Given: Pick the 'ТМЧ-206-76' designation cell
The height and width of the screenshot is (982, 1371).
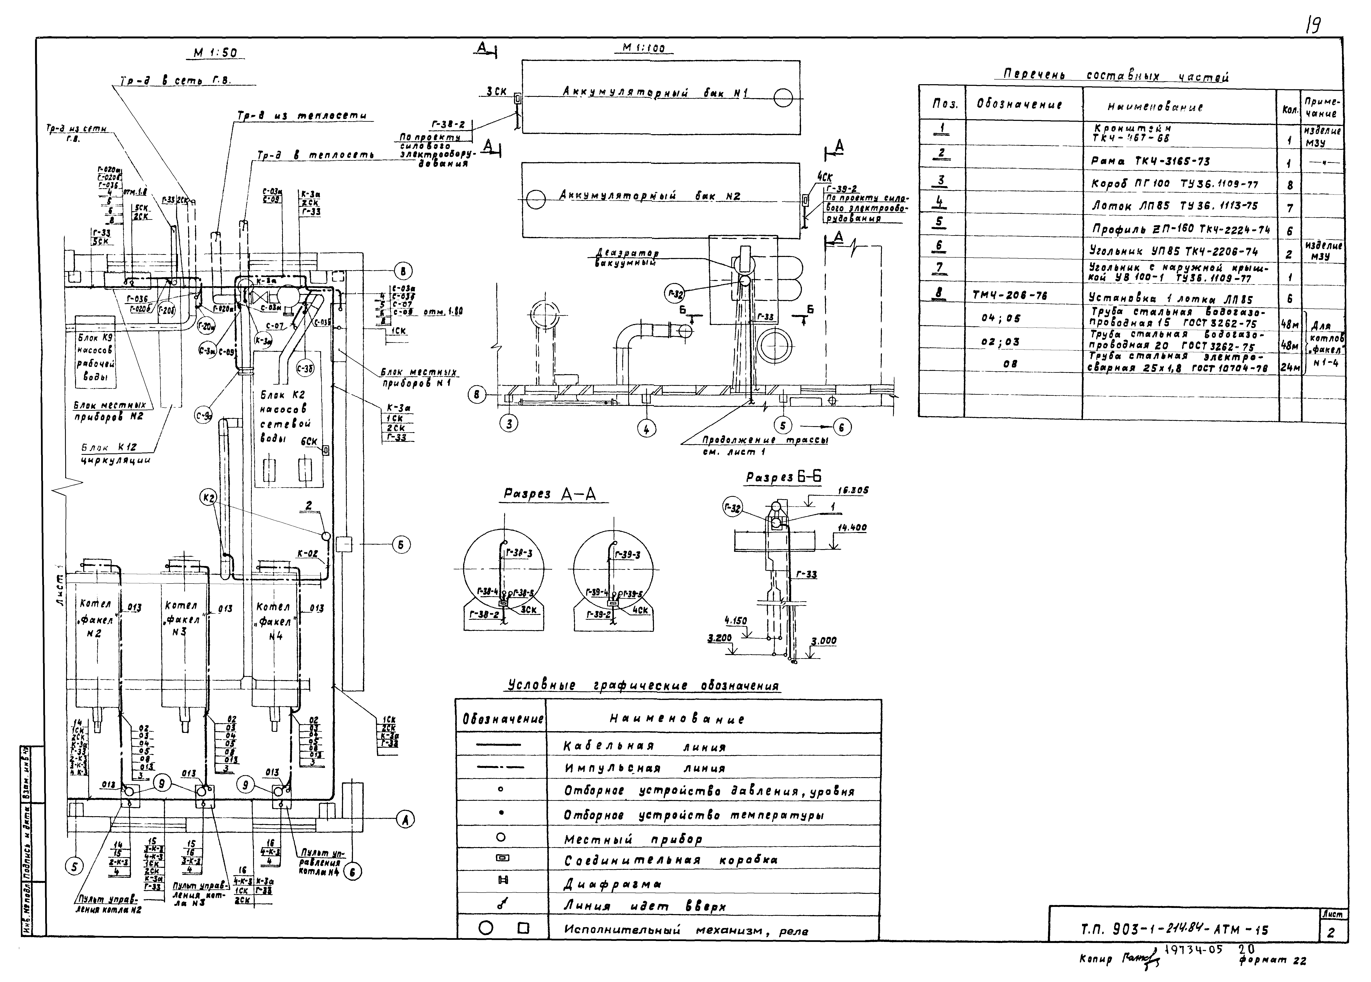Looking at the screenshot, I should click(x=1009, y=296).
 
